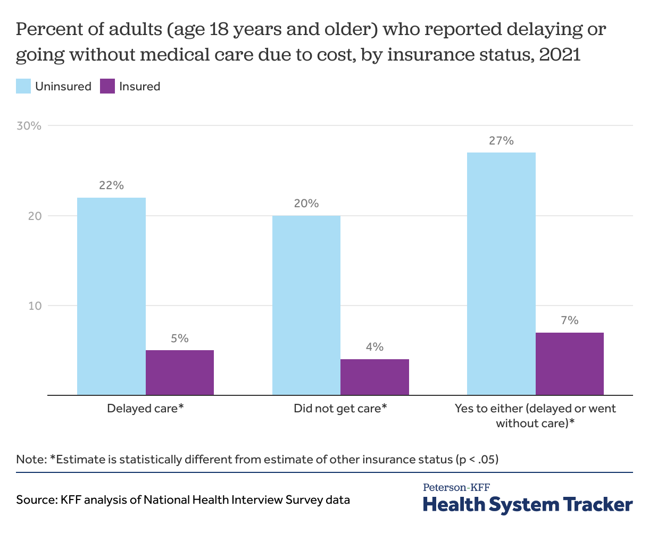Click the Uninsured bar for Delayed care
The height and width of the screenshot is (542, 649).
tap(111, 296)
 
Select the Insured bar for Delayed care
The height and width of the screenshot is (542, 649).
tap(180, 372)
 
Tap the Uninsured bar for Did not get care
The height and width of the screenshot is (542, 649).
tap(306, 305)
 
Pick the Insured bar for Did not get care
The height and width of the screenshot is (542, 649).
tap(375, 377)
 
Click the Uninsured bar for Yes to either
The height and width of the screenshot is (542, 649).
tap(501, 274)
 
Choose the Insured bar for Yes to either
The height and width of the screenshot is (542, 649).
tap(569, 364)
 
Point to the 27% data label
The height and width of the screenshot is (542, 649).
tap(501, 141)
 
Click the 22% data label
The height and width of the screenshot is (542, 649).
tap(111, 185)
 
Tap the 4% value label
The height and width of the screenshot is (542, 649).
tap(375, 347)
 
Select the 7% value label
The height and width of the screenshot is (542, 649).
tap(569, 320)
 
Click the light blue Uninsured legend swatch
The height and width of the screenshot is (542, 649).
tap(23, 86)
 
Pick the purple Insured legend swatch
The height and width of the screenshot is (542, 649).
tap(107, 86)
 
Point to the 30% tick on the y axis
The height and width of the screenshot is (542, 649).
tap(29, 126)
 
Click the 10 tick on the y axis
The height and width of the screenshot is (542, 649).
tap(35, 306)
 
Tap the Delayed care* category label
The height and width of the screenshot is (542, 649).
tap(145, 408)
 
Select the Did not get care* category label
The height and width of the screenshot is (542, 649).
tap(340, 409)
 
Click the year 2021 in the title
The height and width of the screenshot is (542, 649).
tap(560, 55)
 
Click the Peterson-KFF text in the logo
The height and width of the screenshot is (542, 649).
tap(456, 487)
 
